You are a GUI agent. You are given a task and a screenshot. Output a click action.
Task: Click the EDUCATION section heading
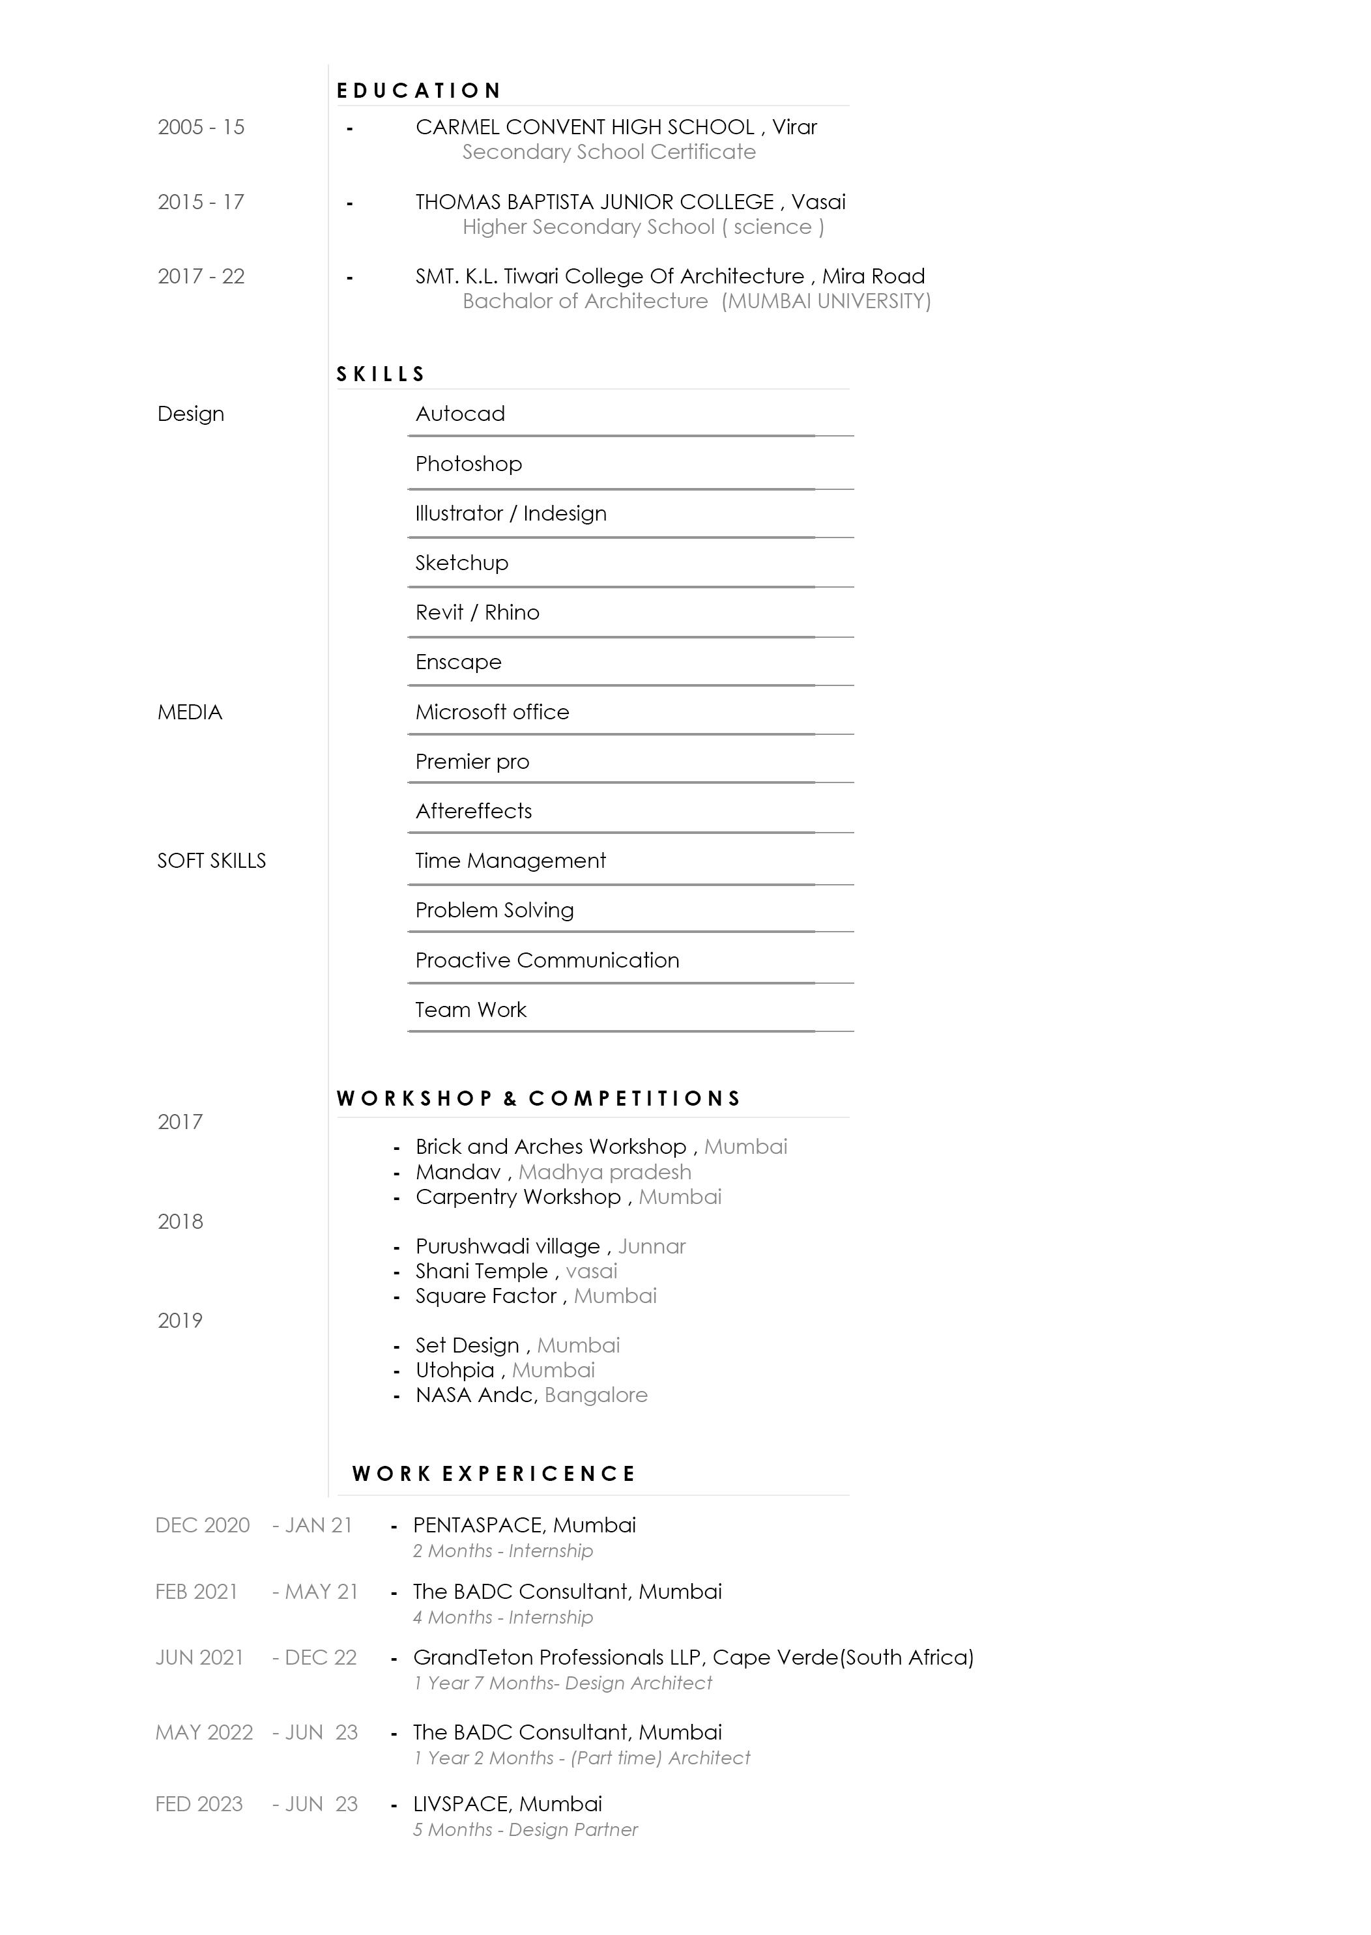419,91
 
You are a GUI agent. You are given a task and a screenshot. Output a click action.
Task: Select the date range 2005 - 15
201,128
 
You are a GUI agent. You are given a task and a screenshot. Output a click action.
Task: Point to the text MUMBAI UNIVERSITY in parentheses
826,301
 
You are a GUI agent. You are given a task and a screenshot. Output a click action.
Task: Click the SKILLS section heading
381,375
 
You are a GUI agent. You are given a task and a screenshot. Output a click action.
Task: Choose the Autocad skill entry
460,414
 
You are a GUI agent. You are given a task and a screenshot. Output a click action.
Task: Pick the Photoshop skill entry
469,464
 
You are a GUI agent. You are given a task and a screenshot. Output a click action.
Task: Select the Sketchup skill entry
462,563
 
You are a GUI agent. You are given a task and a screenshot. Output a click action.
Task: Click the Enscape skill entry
458,663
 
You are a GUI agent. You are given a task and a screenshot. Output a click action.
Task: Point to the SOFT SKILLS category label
211,861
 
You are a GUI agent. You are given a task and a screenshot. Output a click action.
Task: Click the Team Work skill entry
470,1010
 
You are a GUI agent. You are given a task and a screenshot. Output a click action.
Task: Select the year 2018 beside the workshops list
180,1222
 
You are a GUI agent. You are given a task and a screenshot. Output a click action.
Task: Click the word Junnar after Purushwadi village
652,1246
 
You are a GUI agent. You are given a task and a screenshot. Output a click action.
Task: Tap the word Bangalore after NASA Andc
596,1395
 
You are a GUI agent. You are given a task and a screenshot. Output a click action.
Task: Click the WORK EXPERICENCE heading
494,1474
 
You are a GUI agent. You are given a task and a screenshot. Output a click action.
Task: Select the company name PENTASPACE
477,1526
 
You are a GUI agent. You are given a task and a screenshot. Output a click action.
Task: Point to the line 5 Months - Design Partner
525,1829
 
